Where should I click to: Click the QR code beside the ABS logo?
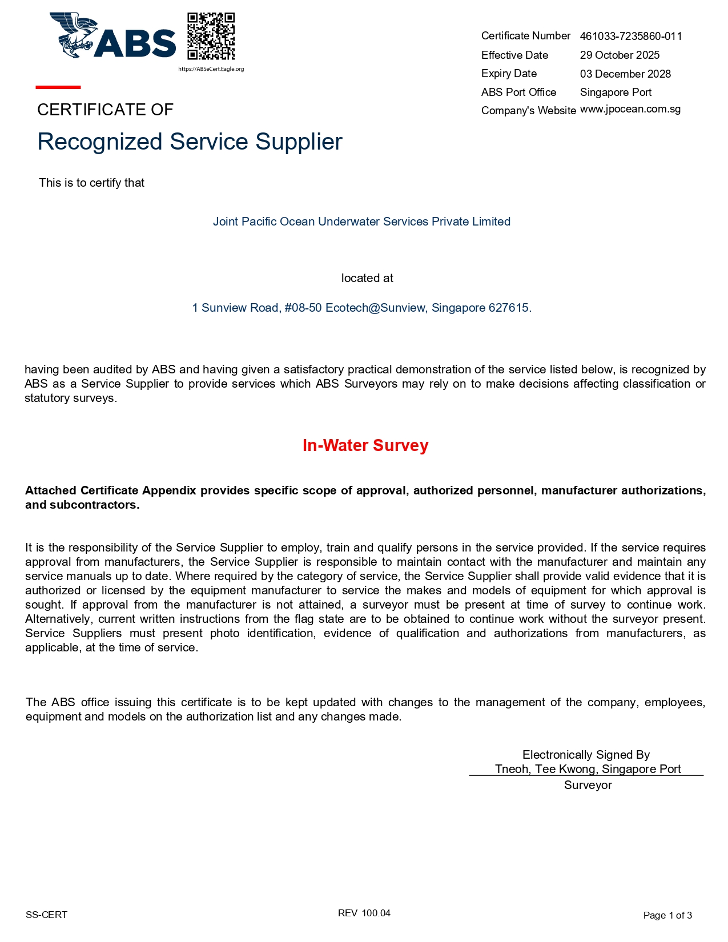pos(211,36)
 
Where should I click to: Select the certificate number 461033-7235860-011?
pos(631,37)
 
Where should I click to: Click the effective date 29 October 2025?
pos(620,55)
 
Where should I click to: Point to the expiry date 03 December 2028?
pos(625,74)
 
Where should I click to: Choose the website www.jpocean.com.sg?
pos(630,109)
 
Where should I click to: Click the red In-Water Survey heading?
pos(365,445)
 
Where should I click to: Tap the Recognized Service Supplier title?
pos(190,142)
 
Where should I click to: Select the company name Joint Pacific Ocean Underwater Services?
pos(361,222)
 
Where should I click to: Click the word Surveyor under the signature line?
pos(588,785)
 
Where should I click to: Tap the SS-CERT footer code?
pos(46,915)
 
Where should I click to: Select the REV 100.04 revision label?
pos(364,913)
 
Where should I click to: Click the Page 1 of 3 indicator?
pos(667,915)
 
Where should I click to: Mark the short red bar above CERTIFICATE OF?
pos(58,87)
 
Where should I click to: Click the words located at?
pos(367,278)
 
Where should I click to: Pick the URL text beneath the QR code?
pos(211,69)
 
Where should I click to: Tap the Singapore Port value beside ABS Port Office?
pos(616,92)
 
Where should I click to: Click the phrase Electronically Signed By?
pos(586,755)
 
